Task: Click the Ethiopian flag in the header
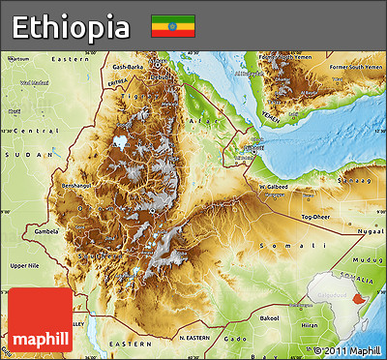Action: (172, 26)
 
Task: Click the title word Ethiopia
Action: (71, 26)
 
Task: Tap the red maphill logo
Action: (40, 319)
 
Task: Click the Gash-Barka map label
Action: (128, 67)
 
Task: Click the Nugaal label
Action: (368, 232)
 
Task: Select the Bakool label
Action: (269, 316)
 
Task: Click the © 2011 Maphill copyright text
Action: (346, 349)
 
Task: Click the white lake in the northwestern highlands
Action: (120, 141)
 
